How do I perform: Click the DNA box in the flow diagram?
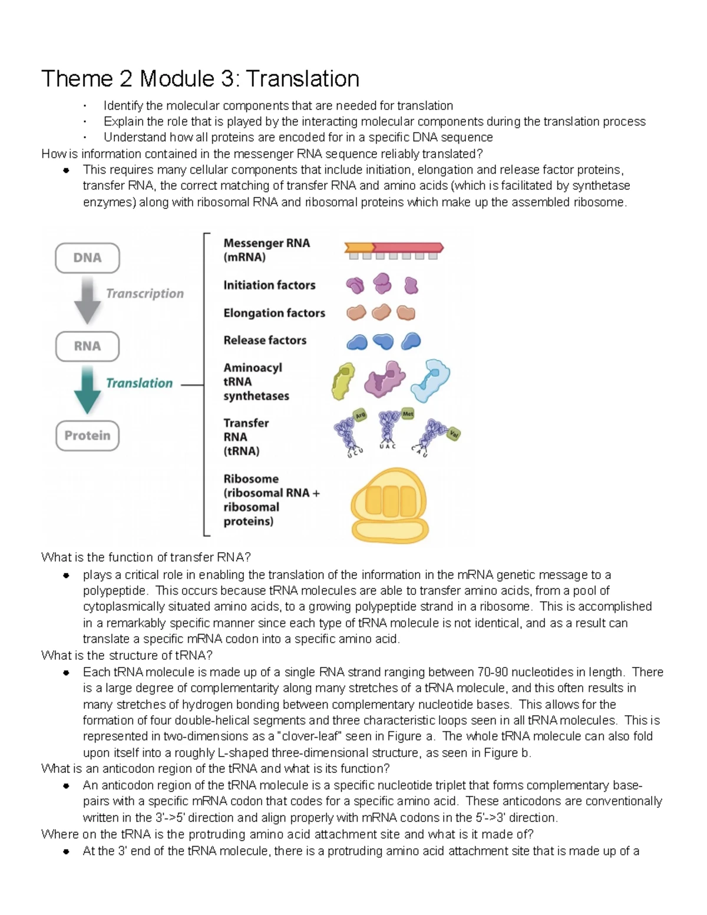pos(87,258)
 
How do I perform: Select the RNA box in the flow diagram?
pos(87,346)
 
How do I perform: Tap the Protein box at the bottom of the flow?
pos(87,436)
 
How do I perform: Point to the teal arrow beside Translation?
pos(87,389)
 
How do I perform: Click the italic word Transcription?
pos(144,293)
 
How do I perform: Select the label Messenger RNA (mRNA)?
pos(266,250)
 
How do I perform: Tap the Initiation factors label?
pos(269,285)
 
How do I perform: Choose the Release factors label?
pos(265,341)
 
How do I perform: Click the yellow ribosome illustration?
pos(389,505)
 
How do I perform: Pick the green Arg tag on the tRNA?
pos(360,415)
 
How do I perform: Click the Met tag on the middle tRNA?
pos(408,414)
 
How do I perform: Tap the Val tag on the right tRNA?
pos(453,434)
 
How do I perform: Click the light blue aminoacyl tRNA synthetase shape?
pos(431,380)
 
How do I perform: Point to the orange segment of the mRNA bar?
pos(359,247)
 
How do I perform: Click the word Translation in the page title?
pos(303,79)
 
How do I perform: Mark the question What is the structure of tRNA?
pos(127,656)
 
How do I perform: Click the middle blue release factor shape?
pos(383,341)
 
